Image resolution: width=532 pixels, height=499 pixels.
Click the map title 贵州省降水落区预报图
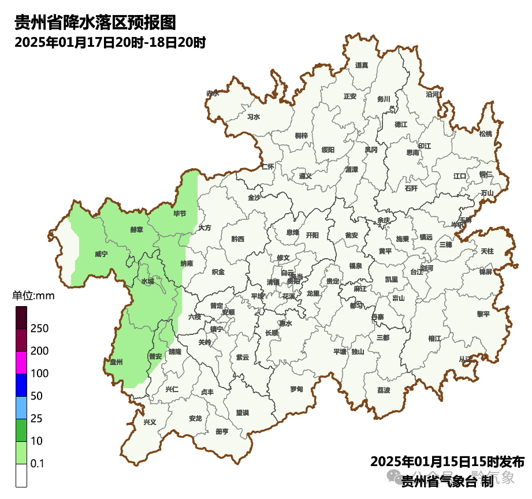95,23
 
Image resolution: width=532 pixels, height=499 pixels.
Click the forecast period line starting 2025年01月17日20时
110,43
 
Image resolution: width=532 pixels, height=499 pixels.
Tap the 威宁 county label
101,254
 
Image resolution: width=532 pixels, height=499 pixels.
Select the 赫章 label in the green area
136,229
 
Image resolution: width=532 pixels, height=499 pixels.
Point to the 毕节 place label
180,214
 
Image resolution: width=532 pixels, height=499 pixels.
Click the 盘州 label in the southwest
117,362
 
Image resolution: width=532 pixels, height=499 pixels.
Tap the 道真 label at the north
362,65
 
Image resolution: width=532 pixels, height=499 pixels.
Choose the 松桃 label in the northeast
486,134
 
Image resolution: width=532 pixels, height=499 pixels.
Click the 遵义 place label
306,176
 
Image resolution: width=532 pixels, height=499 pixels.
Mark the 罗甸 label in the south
296,389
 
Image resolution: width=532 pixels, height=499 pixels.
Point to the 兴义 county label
150,422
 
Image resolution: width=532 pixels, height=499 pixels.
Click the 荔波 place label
384,390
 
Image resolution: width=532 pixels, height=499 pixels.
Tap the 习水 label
254,117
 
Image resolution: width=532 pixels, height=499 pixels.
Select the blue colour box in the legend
21,385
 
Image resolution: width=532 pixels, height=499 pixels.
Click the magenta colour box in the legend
21,363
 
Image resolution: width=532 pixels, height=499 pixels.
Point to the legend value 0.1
38,464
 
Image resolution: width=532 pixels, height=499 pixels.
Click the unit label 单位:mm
33,296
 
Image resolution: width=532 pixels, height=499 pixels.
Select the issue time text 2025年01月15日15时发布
447,462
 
